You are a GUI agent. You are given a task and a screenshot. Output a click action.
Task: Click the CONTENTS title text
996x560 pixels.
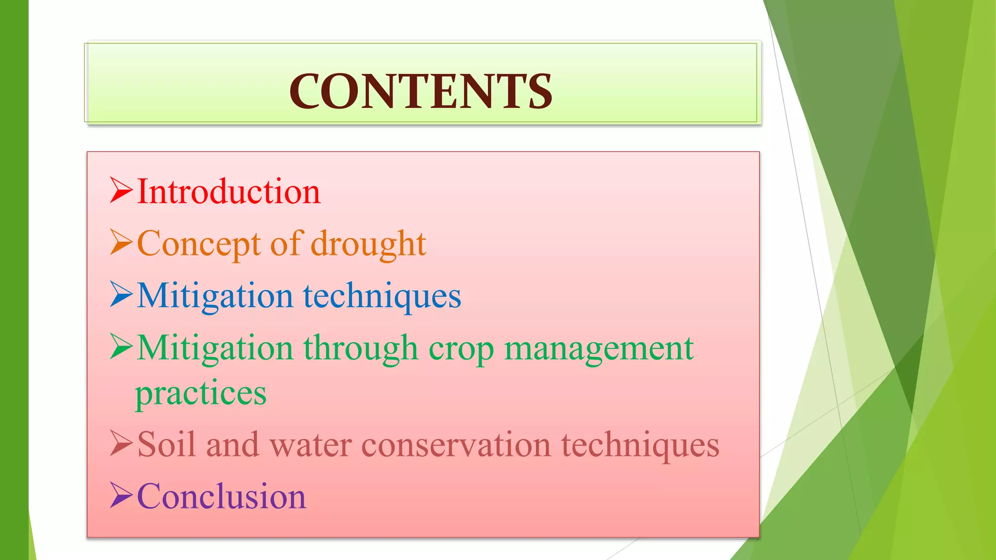(x=421, y=91)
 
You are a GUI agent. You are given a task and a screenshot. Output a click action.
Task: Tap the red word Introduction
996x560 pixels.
(x=229, y=192)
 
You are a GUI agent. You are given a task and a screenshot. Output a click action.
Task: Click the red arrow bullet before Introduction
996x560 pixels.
(x=121, y=190)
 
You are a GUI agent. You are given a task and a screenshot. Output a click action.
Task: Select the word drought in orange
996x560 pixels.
(x=368, y=244)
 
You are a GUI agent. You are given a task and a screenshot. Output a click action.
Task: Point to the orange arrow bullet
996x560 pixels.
(x=121, y=242)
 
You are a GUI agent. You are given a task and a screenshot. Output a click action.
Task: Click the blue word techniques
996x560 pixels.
(x=382, y=296)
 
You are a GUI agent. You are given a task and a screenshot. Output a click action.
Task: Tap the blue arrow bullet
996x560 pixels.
(x=121, y=294)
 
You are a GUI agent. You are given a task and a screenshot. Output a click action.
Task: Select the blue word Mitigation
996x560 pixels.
(x=215, y=296)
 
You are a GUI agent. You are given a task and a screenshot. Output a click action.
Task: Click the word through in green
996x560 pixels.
(x=360, y=349)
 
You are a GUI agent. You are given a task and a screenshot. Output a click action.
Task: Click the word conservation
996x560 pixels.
(x=456, y=445)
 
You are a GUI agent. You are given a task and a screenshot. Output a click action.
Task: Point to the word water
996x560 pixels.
(x=310, y=445)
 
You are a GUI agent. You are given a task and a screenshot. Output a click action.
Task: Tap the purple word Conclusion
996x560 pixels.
(x=221, y=496)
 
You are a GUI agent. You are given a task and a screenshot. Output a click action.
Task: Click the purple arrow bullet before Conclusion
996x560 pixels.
(x=121, y=495)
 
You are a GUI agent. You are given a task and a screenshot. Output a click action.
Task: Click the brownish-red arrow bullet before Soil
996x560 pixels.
(x=121, y=443)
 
